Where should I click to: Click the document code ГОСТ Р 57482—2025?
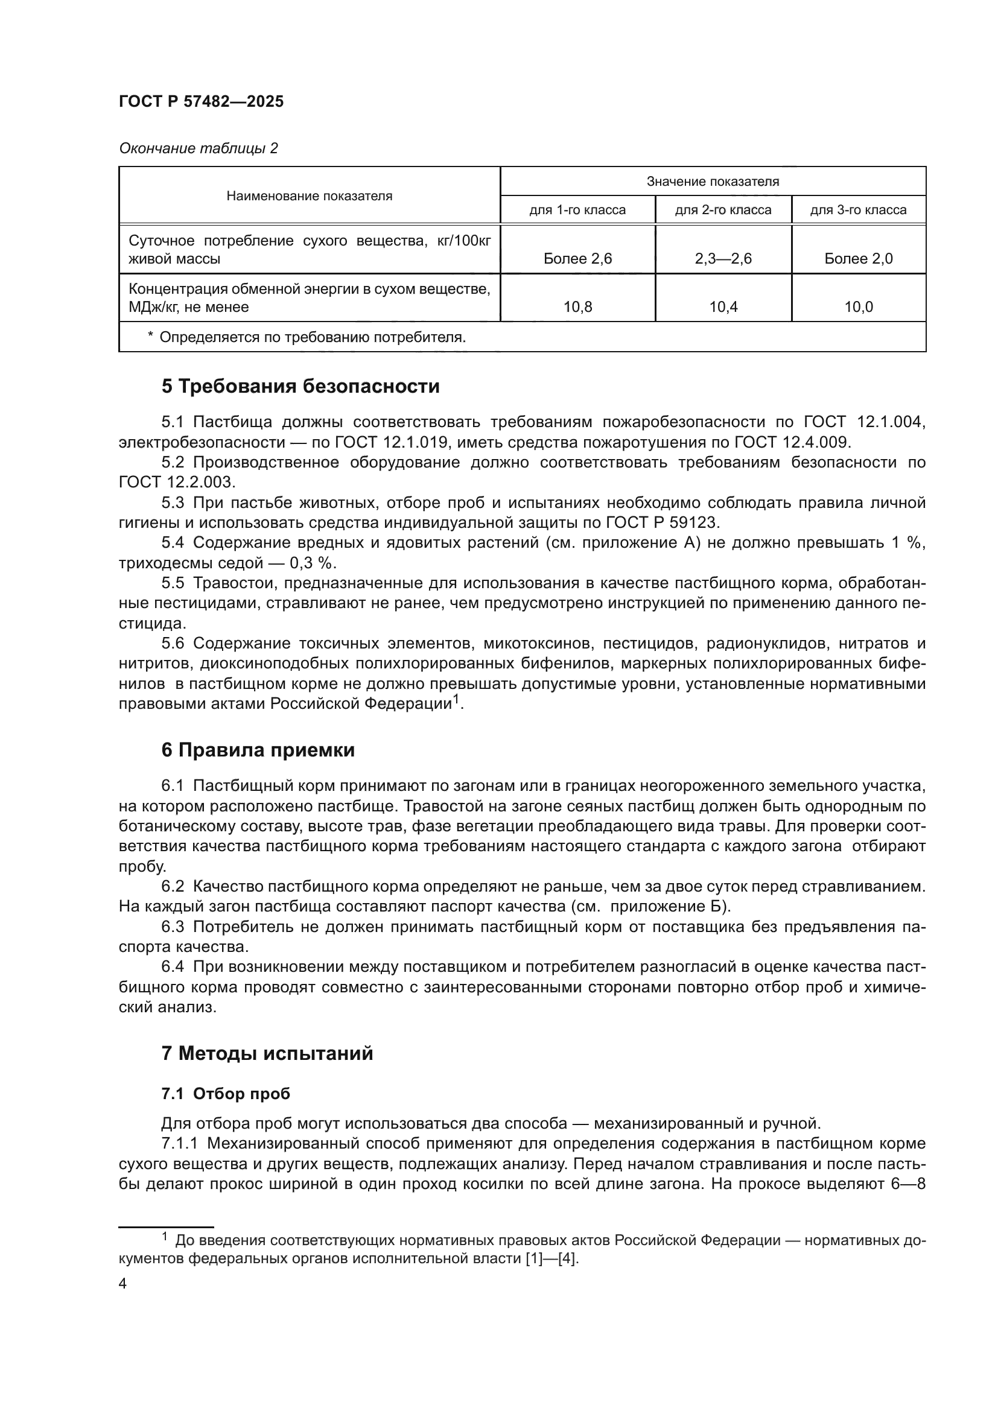[201, 102]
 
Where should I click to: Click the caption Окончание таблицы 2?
[198, 148]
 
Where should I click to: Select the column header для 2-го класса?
[723, 210]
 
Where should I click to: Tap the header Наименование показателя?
[309, 196]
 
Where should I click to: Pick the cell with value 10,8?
[577, 307]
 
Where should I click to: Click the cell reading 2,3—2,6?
[723, 259]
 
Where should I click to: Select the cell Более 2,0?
[858, 259]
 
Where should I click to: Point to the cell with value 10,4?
[723, 307]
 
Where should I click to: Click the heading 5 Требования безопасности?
[300, 387]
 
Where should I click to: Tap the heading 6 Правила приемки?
[258, 750]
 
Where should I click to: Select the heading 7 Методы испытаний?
[267, 1053]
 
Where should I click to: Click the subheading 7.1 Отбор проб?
[226, 1094]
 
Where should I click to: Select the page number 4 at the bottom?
[122, 1284]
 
